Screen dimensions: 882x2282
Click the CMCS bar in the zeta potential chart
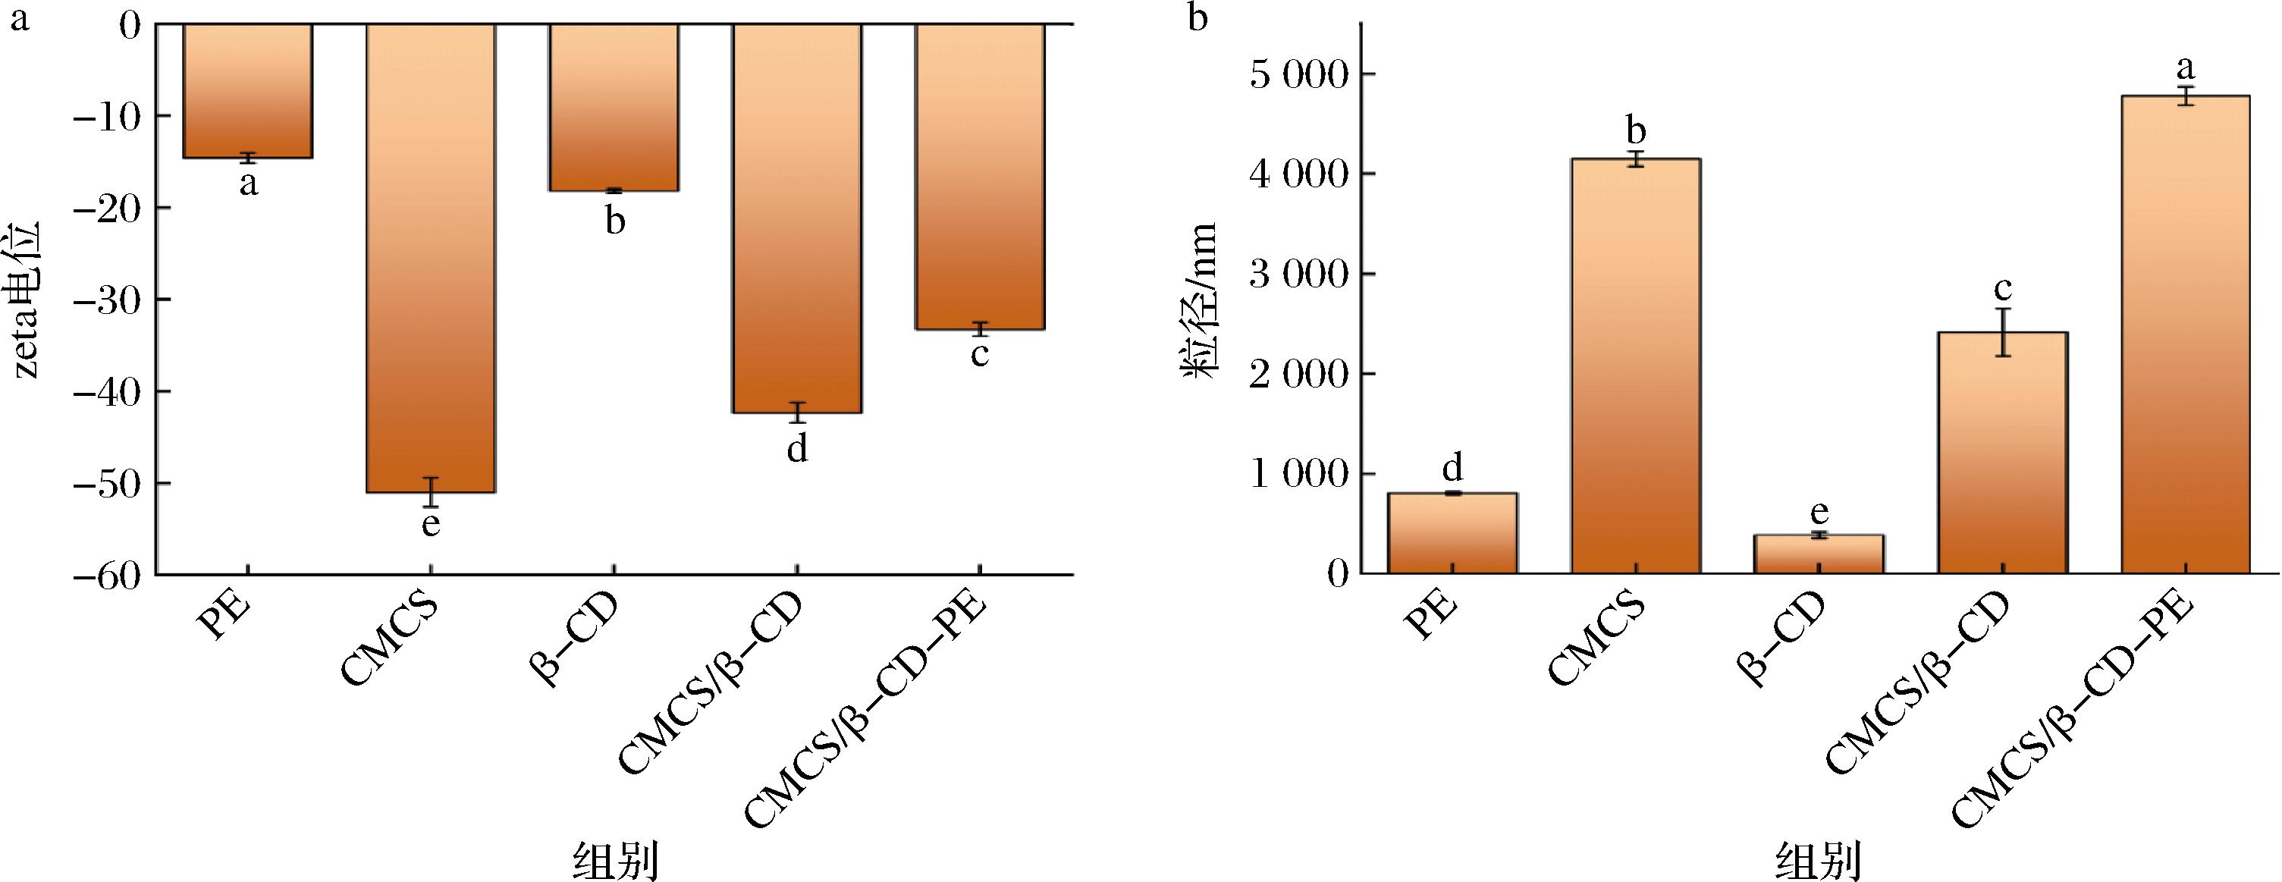431,257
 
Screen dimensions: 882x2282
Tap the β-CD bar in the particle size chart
1819,554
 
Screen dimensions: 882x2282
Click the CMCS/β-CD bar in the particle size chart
2002,453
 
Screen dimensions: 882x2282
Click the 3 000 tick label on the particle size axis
1298,275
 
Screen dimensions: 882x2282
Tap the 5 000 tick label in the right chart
1298,74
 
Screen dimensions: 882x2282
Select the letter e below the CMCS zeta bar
431,524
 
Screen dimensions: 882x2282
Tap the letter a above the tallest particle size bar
2186,67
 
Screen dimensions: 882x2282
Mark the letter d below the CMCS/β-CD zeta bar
797,450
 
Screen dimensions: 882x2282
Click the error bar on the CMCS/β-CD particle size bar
2002,332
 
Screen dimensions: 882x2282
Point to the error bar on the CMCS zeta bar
431,492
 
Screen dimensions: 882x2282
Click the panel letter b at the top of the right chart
1198,17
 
